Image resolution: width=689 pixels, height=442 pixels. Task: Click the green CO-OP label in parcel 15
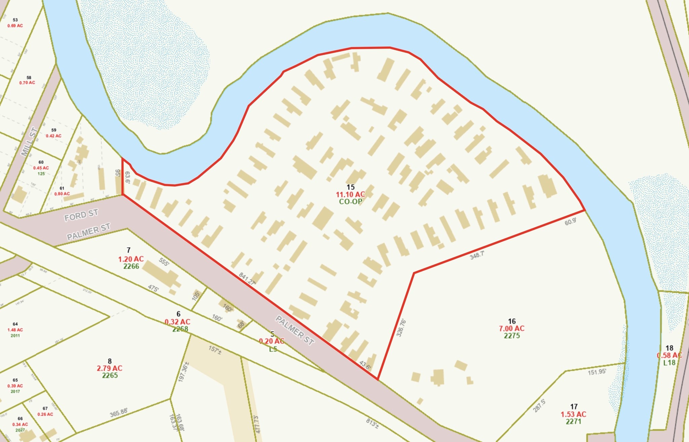pyautogui.click(x=350, y=202)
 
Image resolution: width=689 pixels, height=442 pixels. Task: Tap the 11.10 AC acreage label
pyautogui.click(x=350, y=195)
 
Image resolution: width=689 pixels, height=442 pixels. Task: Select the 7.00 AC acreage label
pyautogui.click(x=512, y=328)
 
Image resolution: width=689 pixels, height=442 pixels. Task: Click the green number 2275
pyautogui.click(x=512, y=335)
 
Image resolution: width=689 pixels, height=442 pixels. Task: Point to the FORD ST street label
pyautogui.click(x=81, y=215)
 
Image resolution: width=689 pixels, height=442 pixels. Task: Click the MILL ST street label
pyautogui.click(x=29, y=142)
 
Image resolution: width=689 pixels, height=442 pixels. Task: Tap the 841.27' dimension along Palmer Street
pyautogui.click(x=247, y=279)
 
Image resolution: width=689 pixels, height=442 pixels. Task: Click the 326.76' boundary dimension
pyautogui.click(x=401, y=328)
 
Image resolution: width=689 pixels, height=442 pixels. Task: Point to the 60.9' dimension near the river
pyautogui.click(x=571, y=222)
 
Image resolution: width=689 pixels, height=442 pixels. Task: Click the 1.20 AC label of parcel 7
pyautogui.click(x=131, y=259)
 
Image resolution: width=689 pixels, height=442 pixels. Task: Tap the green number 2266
pyautogui.click(x=131, y=266)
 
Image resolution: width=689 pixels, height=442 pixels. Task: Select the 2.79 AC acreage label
pyautogui.click(x=110, y=368)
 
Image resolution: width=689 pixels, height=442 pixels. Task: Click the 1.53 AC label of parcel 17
pyautogui.click(x=573, y=414)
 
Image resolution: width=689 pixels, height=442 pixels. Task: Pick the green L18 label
pyautogui.click(x=669, y=363)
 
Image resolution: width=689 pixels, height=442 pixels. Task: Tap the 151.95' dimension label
pyautogui.click(x=597, y=372)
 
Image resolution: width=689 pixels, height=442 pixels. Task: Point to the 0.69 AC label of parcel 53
pyautogui.click(x=15, y=26)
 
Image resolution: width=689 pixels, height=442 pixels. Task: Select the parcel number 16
pyautogui.click(x=512, y=321)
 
